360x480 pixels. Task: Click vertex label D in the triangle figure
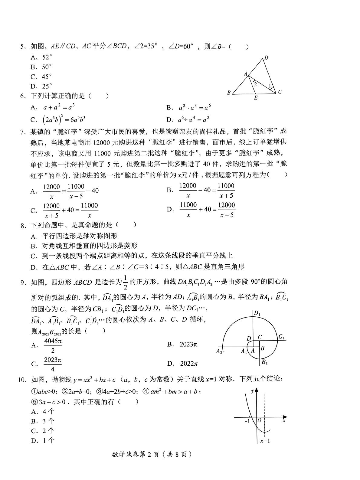tap(266, 57)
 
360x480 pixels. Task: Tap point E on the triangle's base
tap(256, 98)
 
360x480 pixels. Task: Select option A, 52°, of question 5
tap(42, 57)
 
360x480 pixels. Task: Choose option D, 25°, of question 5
tap(42, 86)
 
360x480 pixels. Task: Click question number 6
tap(23, 96)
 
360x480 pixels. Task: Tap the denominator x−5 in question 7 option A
tap(76, 196)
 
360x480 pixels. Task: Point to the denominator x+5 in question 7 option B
tap(226, 195)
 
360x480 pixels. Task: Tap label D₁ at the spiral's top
tap(257, 313)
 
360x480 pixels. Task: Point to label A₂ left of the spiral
tap(219, 351)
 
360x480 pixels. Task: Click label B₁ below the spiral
tap(264, 362)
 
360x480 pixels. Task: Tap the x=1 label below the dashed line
tap(265, 441)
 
